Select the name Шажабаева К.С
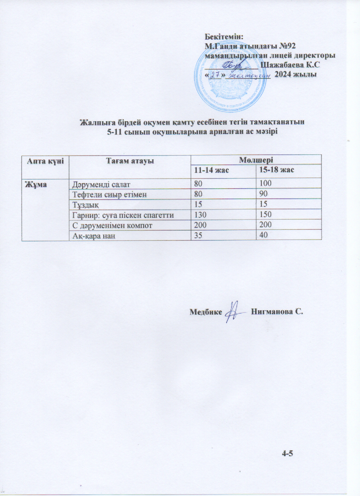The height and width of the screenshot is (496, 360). [290, 65]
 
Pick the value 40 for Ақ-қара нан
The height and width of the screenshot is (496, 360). [264, 236]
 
